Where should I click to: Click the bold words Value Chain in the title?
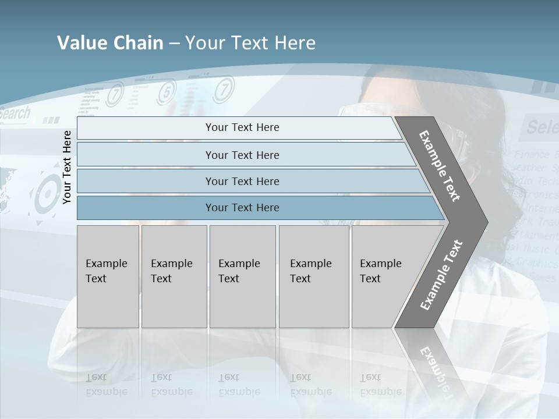click(110, 42)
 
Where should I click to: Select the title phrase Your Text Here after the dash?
click(250, 42)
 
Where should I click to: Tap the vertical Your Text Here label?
click(67, 167)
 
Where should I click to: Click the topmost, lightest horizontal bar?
click(242, 127)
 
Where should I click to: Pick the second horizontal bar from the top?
click(242, 155)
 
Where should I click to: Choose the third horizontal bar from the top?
click(242, 181)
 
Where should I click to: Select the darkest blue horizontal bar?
click(242, 208)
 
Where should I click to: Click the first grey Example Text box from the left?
click(108, 276)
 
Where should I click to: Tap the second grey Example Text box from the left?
click(174, 276)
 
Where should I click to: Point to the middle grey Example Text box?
click(242, 276)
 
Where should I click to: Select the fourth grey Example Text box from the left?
click(314, 276)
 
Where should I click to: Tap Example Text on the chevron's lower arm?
click(441, 275)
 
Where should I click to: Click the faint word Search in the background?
click(15, 113)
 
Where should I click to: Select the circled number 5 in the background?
click(166, 91)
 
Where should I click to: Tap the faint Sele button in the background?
click(540, 126)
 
